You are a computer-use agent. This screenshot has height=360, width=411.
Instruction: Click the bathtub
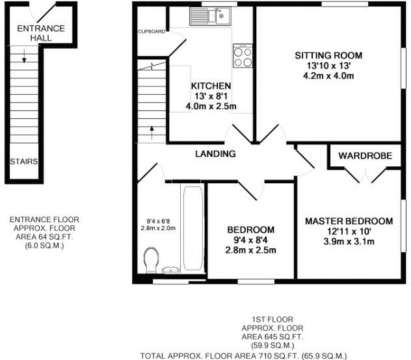[193, 231]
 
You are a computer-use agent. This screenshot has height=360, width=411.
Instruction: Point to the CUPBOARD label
[150, 31]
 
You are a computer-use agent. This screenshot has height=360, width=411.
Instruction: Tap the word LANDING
[215, 153]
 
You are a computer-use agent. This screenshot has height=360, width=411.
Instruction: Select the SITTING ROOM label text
[328, 55]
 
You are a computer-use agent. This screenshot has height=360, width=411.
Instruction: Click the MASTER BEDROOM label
[349, 221]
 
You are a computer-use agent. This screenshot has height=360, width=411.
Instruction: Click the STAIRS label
[23, 161]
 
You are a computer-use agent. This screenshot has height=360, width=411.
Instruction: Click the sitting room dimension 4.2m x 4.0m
[328, 75]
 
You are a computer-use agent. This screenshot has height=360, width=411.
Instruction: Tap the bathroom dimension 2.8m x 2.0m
[159, 228]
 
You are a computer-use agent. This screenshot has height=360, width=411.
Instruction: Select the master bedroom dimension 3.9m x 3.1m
[349, 242]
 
